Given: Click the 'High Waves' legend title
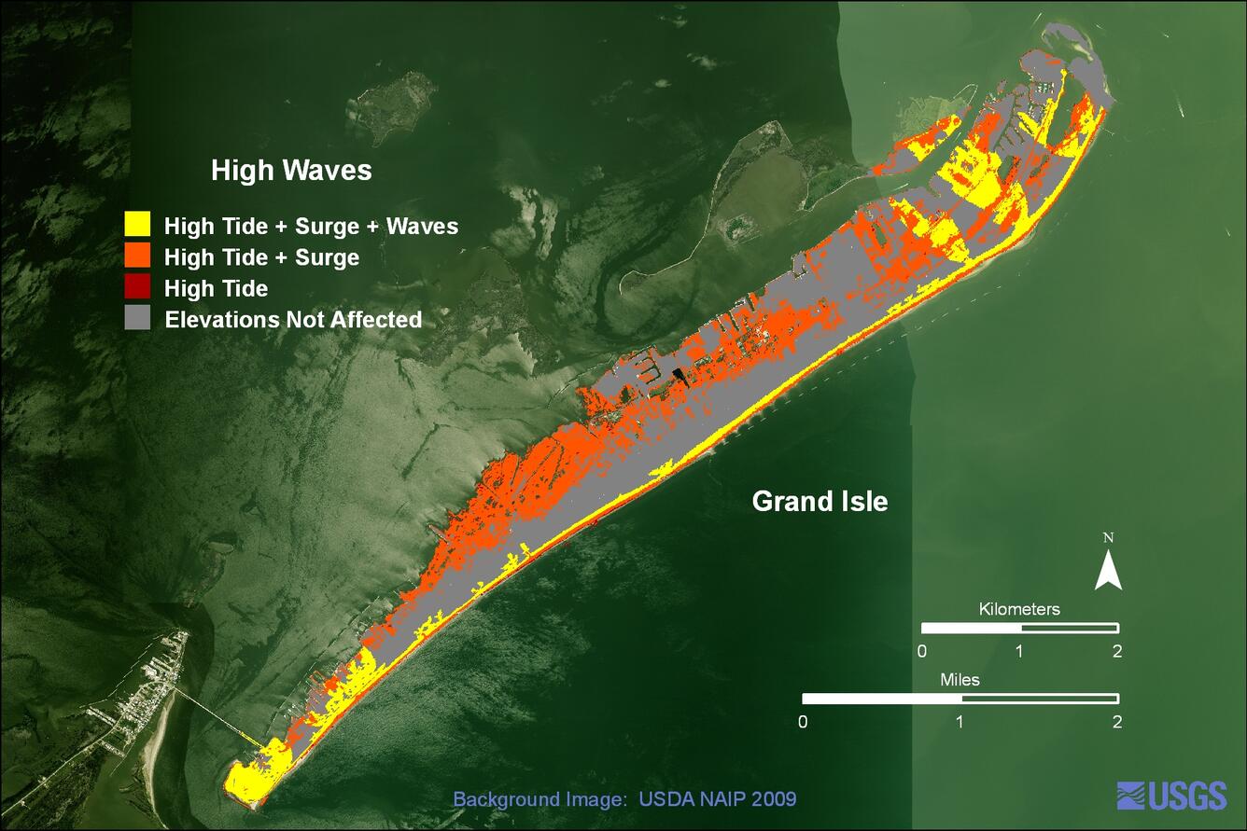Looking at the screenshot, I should pos(291,171).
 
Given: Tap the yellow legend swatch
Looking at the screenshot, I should pos(137,224).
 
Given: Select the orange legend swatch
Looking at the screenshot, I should pos(137,256).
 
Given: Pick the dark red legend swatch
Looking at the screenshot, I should pos(137,287).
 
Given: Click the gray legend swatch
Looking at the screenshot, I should pos(137,319).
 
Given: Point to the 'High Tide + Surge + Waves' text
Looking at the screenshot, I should pos(311,226).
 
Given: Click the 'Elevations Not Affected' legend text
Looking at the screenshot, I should pos(293,320).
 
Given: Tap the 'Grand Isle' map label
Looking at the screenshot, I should pos(820,502).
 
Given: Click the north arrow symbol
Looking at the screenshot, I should pos(1108,570).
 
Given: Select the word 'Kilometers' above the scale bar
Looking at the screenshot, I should pos(1019,609).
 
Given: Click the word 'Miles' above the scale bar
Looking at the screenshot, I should pos(960,680).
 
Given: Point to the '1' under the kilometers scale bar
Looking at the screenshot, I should pos(1019,651).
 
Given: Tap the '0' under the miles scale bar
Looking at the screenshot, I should pos(804,722).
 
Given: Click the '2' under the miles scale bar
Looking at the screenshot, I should pos(1117,722).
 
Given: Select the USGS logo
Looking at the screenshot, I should pos(1171,796).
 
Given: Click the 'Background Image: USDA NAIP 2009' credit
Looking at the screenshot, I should pos(624,798).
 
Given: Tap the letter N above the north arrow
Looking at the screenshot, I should pos(1108,538).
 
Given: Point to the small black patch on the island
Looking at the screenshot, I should pos(679,376).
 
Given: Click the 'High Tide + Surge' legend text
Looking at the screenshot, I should pos(261,257).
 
